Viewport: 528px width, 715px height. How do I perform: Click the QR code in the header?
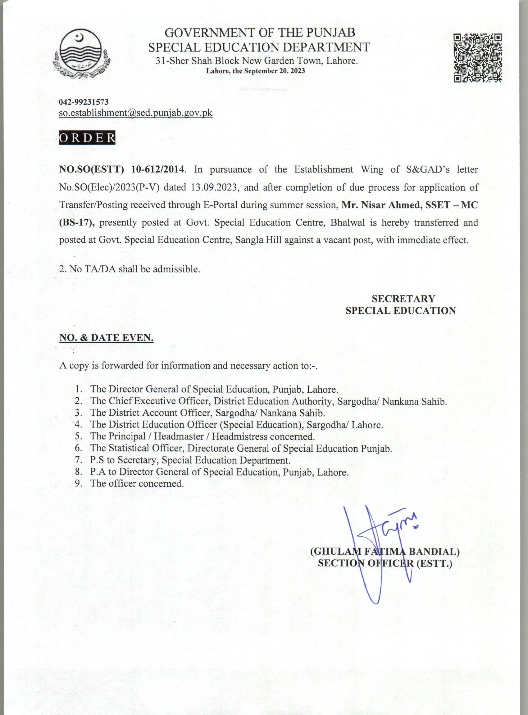477,58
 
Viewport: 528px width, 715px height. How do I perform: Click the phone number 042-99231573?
84,102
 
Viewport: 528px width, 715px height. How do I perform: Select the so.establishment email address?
136,113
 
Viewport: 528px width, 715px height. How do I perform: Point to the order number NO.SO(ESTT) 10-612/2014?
122,169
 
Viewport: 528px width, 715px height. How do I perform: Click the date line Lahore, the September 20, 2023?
255,71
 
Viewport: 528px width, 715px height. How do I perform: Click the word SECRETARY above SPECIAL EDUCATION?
403,298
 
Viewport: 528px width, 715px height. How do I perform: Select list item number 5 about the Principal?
202,436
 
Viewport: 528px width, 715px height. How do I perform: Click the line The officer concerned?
137,483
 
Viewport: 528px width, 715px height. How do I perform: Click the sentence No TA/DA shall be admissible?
130,269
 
